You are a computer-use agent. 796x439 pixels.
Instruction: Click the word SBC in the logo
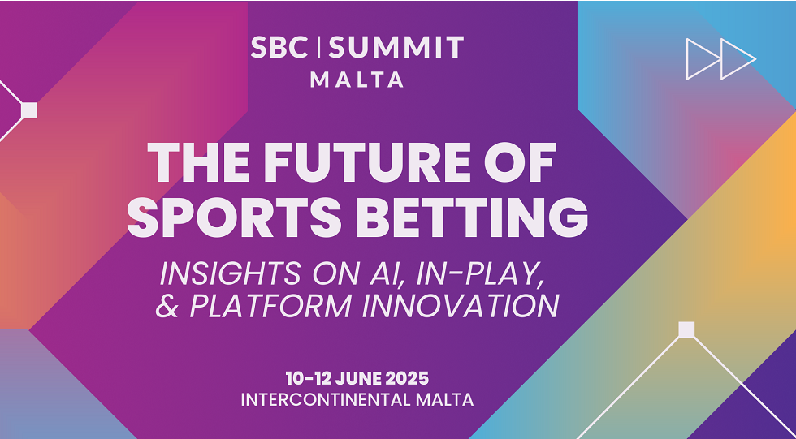[x=279, y=47]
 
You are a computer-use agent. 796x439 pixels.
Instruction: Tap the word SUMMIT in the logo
[x=396, y=47]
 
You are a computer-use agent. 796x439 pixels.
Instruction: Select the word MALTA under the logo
[x=357, y=80]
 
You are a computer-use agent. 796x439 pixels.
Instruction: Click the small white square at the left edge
[x=29, y=110]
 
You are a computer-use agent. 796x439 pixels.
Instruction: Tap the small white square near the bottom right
[x=686, y=329]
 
